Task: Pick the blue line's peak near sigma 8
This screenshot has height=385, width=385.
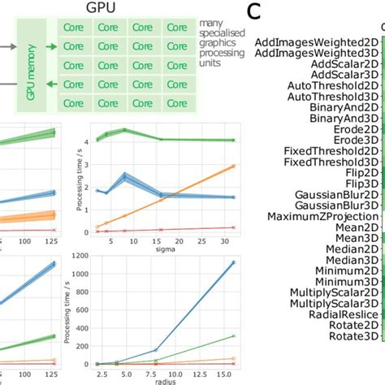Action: coord(124,175)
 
